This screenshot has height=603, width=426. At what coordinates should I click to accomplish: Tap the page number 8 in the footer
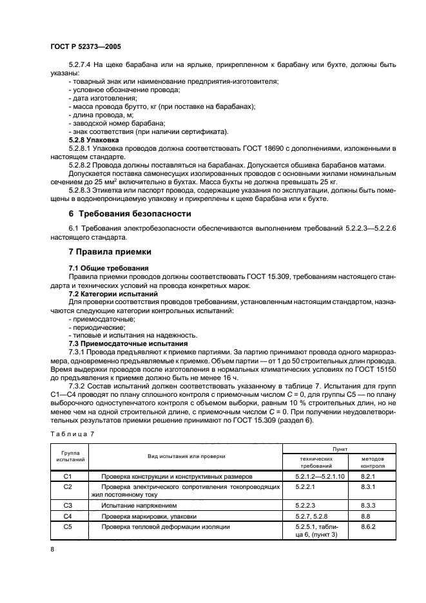click(x=53, y=548)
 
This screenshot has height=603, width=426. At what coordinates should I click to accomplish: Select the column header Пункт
click(x=339, y=448)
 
